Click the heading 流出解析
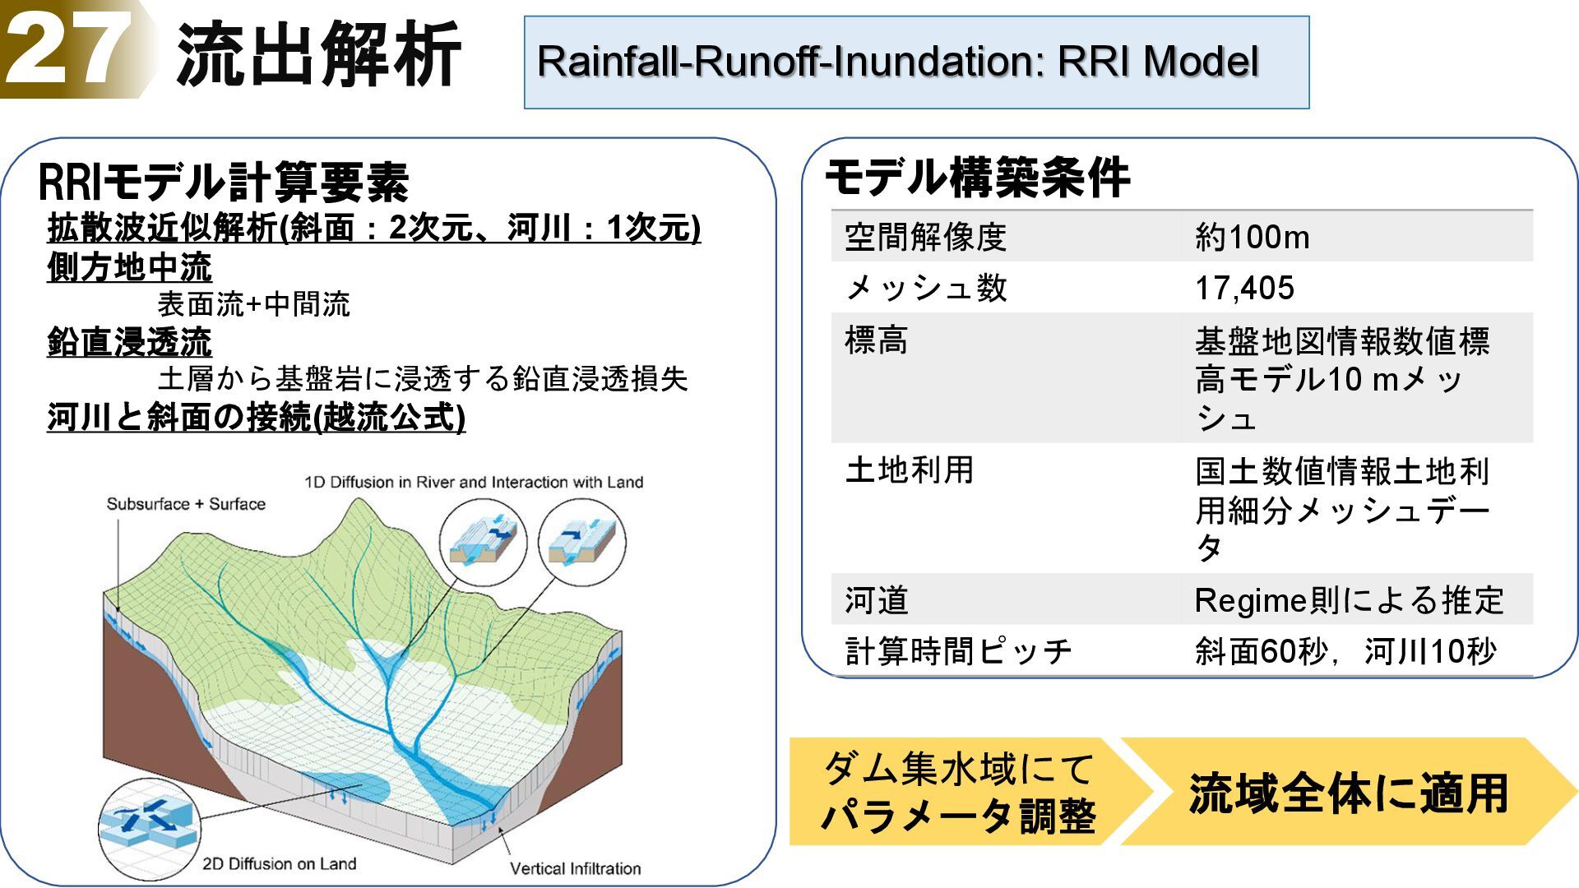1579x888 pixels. coord(318,55)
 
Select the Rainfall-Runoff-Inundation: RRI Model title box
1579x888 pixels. coord(915,62)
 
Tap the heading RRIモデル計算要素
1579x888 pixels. coord(224,182)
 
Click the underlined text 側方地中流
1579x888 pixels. coord(130,267)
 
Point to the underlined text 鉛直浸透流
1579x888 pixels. coord(130,342)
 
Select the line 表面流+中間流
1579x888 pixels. coord(253,304)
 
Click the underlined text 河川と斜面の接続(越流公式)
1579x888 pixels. coord(257,418)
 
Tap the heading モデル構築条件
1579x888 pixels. coord(977,178)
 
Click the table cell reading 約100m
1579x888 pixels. coord(1252,238)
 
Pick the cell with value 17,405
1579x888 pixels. coord(1244,288)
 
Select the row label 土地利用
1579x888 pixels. coord(910,470)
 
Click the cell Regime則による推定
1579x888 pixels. coord(1349,600)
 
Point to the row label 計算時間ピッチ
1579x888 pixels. coord(959,651)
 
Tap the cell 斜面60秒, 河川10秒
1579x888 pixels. coord(1345,651)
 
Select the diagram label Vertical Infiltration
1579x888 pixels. coord(575,868)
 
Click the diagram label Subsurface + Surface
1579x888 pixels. coord(186,504)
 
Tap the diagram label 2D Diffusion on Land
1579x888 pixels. coord(280,863)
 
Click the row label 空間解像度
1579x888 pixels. coord(926,238)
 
